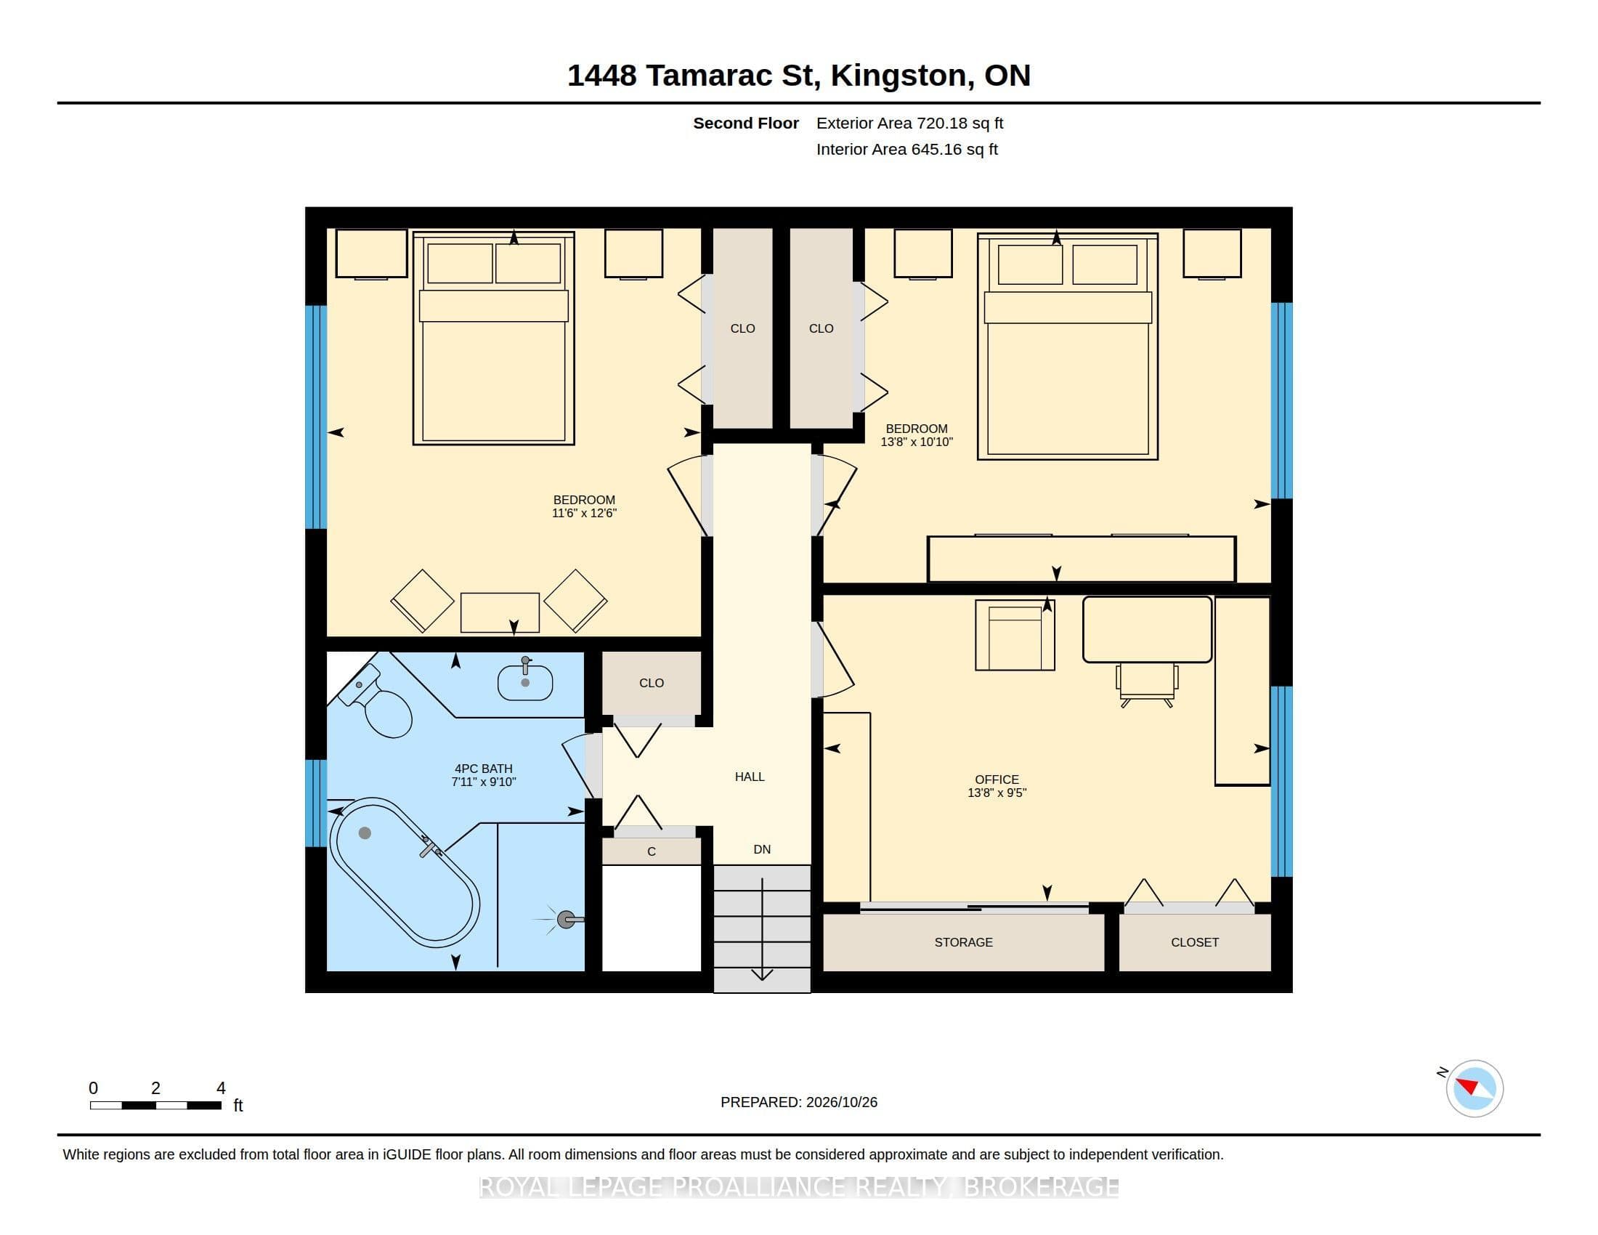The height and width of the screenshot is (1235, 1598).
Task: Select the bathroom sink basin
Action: (x=524, y=683)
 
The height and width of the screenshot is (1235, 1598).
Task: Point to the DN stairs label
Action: (x=762, y=849)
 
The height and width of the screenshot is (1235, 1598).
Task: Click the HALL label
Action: (x=750, y=777)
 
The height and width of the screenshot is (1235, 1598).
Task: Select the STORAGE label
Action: (x=963, y=942)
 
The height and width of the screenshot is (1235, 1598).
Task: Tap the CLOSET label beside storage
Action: (x=1194, y=942)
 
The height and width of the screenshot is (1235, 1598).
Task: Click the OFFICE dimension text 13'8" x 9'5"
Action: (x=997, y=793)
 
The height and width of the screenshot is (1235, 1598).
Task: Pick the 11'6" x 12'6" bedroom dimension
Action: (x=584, y=513)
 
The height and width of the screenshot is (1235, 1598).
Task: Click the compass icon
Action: (x=1475, y=1088)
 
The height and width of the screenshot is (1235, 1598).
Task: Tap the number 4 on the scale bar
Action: (x=221, y=1088)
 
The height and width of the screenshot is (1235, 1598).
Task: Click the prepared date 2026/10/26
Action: (x=841, y=1102)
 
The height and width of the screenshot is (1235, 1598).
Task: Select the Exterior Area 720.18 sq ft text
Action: (x=909, y=123)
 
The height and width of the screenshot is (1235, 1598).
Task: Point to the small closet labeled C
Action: (x=652, y=851)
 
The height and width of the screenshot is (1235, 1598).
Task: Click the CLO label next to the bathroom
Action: (x=652, y=683)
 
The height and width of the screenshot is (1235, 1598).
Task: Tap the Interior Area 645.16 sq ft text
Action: (x=907, y=149)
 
